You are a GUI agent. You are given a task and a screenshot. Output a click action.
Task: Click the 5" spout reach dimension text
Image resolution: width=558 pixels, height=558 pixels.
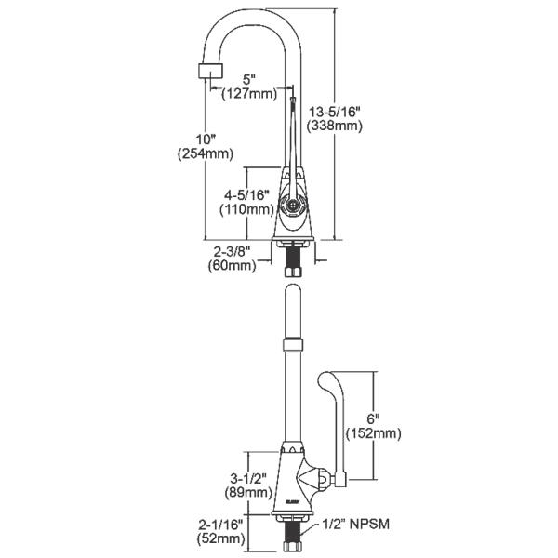(249, 79)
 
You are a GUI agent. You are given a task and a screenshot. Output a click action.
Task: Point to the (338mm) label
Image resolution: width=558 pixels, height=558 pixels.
(336, 126)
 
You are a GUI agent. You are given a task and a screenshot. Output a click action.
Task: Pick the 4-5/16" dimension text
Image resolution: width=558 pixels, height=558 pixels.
(246, 194)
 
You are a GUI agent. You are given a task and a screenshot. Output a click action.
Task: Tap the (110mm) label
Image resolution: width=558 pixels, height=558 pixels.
(246, 209)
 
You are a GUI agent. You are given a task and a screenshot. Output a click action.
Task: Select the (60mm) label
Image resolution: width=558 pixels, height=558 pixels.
(231, 266)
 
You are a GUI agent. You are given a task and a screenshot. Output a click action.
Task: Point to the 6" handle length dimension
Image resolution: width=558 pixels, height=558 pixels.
(372, 418)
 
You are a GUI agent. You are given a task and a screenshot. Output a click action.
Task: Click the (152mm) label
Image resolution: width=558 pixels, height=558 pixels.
(373, 432)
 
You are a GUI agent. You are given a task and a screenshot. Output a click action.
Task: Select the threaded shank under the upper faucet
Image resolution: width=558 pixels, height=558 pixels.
(292, 259)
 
